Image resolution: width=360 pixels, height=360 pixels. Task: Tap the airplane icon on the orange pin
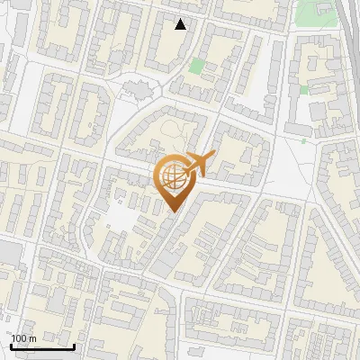pos(198,164)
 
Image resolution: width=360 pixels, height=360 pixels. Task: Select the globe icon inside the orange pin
pos(175,177)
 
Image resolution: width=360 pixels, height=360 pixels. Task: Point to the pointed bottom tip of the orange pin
pos(175,212)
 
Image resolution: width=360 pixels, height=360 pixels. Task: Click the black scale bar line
pos(42,346)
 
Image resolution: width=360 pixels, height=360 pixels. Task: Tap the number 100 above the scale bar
pos(20,337)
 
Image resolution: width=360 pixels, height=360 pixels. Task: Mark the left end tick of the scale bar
pos(12,344)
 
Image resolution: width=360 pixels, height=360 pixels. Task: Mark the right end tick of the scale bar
pos(74,344)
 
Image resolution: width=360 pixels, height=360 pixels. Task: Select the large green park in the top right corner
pos(313,12)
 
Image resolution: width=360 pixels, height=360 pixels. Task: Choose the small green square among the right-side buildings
pos(304,90)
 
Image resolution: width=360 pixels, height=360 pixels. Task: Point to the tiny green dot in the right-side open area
pos(303,140)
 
